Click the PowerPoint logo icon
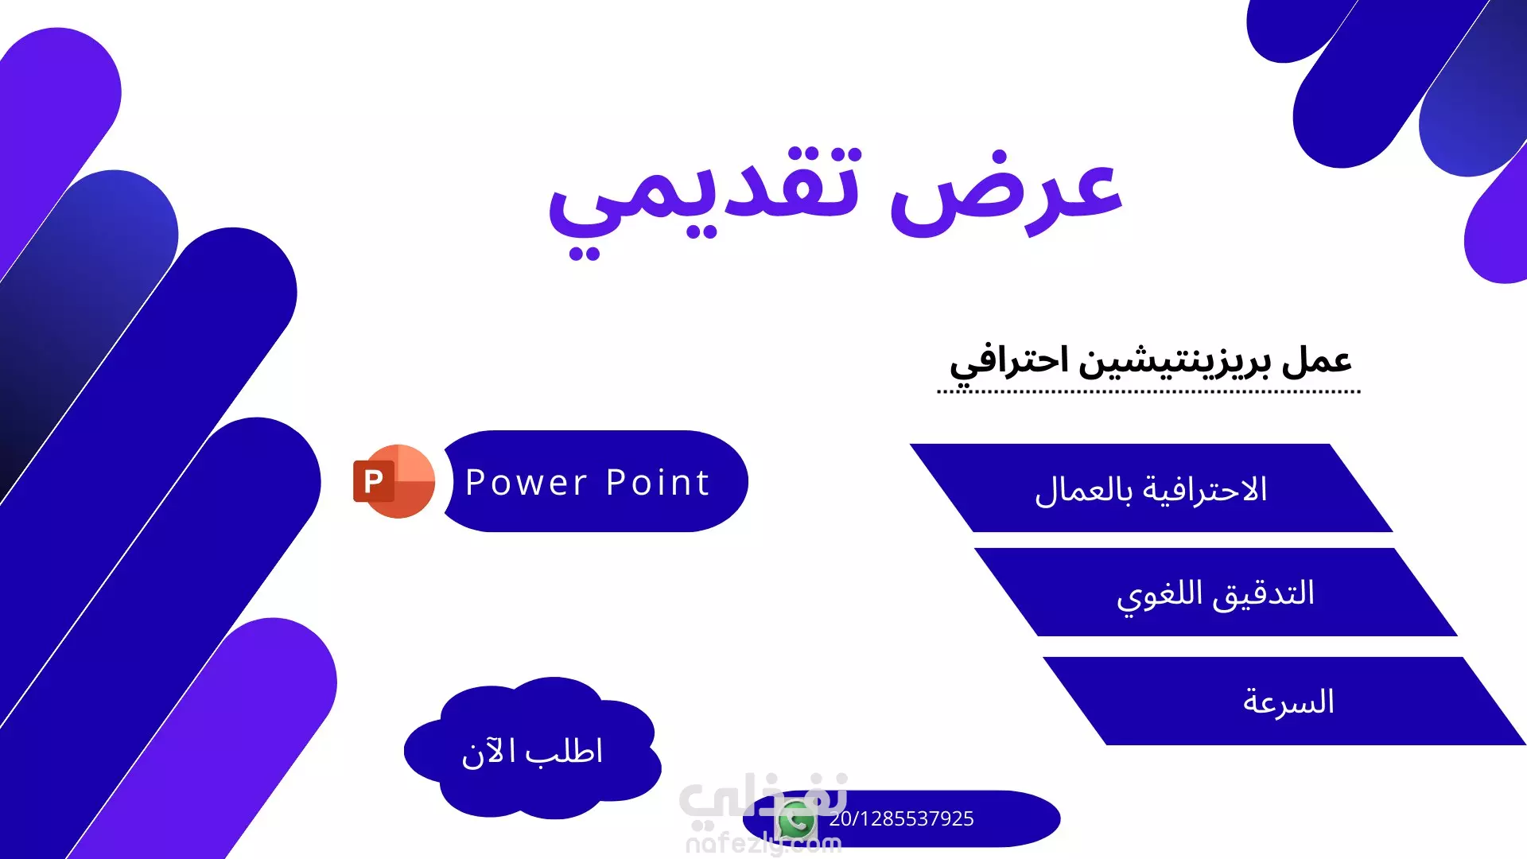[394, 481]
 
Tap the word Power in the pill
[526, 483]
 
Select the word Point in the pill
[658, 483]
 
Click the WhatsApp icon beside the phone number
[797, 821]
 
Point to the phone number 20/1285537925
[901, 819]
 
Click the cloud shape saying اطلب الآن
[532, 748]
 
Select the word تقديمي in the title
[704, 203]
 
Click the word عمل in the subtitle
[1316, 360]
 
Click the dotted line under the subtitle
[1148, 392]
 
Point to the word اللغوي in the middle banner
[1160, 596]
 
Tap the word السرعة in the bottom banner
[1288, 702]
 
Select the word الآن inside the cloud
[488, 752]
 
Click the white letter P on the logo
[373, 481]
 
